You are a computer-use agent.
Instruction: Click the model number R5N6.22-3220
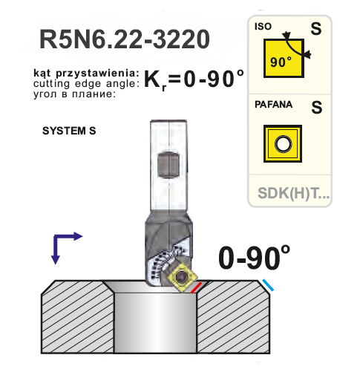click(x=125, y=39)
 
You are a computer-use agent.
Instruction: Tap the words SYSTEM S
click(x=69, y=131)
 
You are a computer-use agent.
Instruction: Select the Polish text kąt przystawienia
click(x=86, y=74)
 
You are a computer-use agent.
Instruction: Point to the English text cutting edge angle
click(x=86, y=84)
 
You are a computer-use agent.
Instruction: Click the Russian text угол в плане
click(x=75, y=94)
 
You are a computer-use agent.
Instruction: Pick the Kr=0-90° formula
click(x=194, y=79)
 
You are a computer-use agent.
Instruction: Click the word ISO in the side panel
click(x=263, y=27)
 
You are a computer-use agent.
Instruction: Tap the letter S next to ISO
click(x=316, y=28)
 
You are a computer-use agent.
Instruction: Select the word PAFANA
click(x=274, y=105)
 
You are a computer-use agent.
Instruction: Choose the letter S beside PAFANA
click(x=317, y=107)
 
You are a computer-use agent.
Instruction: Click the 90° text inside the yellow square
click(x=281, y=62)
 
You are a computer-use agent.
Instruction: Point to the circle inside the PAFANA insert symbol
click(x=283, y=144)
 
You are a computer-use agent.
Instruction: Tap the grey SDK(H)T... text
click(x=294, y=193)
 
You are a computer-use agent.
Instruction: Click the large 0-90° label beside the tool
click(x=254, y=258)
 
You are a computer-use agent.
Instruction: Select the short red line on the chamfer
click(x=196, y=287)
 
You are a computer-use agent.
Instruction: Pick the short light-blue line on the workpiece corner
click(x=268, y=285)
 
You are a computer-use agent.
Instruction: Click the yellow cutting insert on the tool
click(x=183, y=277)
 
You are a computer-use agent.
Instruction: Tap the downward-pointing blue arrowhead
click(x=55, y=260)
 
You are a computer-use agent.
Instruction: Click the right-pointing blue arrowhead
click(x=78, y=236)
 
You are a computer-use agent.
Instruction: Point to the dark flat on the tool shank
click(x=168, y=164)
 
